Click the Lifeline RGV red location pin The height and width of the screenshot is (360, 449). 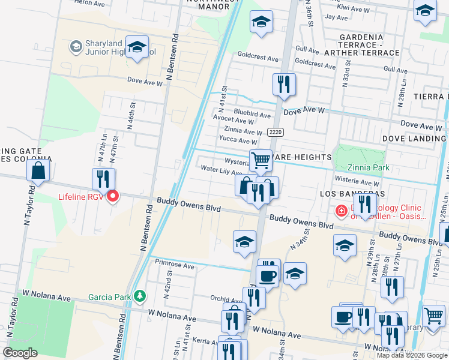(x=112, y=197)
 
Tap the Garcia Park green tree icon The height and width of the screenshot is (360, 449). (x=139, y=296)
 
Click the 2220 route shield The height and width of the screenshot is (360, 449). (x=276, y=132)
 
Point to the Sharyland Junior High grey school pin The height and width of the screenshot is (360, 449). (x=76, y=46)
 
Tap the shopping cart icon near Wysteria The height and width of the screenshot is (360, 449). (x=261, y=161)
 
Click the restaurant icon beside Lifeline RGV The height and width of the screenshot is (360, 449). (x=103, y=179)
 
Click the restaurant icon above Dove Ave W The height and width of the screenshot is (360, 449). (x=283, y=84)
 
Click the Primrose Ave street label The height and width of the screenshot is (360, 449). (x=175, y=265)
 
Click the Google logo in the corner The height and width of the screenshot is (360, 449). (x=20, y=353)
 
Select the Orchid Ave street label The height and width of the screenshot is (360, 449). (x=226, y=298)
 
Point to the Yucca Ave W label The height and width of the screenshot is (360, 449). (x=238, y=140)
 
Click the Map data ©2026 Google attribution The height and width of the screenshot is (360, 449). (x=411, y=355)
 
